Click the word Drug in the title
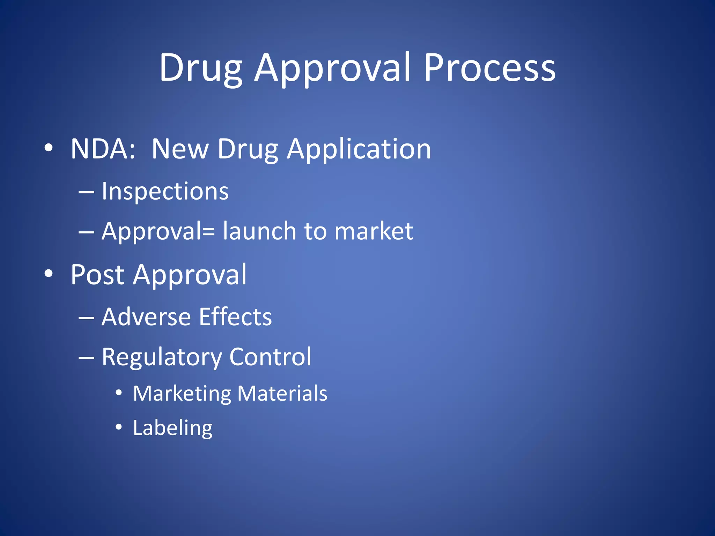point(201,68)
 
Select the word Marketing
point(182,394)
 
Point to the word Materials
point(282,394)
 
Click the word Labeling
point(172,428)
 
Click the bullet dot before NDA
point(49,148)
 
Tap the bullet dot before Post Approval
point(49,274)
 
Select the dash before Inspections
point(86,192)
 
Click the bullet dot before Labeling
point(119,427)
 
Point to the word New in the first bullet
point(180,149)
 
